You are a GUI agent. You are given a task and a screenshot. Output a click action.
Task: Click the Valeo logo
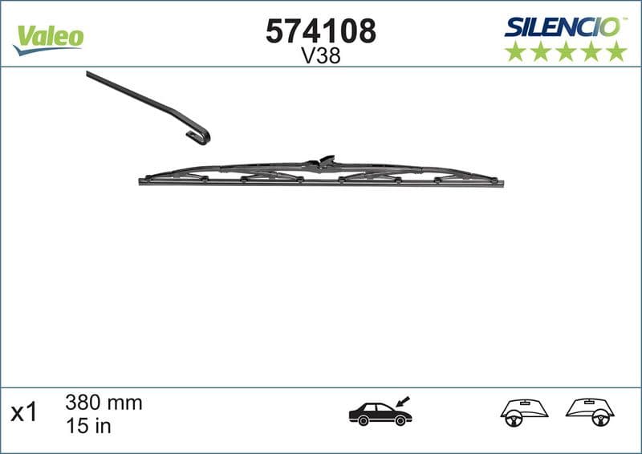point(48,37)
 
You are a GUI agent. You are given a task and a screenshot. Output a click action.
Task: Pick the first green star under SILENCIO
point(514,52)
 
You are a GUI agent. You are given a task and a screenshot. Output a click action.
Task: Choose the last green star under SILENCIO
point(616,52)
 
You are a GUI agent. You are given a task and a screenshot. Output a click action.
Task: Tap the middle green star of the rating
point(565,52)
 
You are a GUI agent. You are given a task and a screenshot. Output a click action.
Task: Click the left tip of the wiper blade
point(142,181)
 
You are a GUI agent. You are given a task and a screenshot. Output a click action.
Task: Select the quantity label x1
point(24,413)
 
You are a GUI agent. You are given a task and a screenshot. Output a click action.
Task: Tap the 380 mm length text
point(102,403)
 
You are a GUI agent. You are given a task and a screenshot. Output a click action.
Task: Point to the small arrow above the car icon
point(403,399)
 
